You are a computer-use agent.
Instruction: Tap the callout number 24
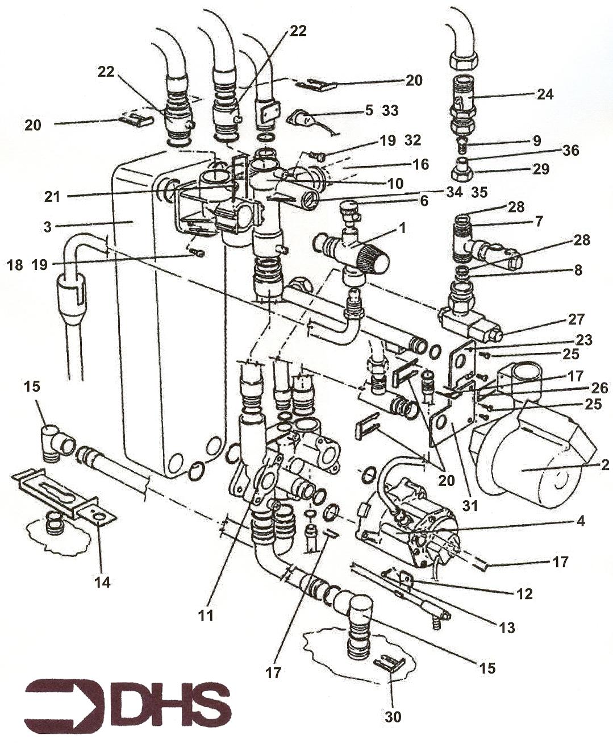point(545,94)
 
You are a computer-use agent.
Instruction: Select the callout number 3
point(48,226)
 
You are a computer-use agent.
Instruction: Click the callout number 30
point(393,717)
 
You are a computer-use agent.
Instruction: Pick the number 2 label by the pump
point(604,465)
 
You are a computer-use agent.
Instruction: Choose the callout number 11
point(206,615)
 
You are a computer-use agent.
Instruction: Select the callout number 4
point(580,520)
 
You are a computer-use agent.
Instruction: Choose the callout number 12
point(524,594)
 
